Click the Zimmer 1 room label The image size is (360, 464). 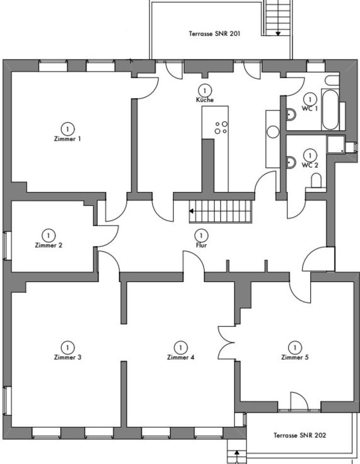(68, 139)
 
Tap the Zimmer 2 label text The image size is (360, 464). (48, 245)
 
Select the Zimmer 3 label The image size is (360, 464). (67, 358)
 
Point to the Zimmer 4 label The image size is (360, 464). (180, 358)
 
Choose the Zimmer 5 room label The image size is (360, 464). (294, 358)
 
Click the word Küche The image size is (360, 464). (205, 100)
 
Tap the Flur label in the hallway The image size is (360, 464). (202, 245)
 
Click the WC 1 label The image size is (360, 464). (310, 108)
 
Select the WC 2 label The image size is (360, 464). (310, 165)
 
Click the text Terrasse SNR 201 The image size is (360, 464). (215, 34)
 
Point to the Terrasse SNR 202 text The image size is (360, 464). (300, 435)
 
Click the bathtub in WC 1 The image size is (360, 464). (331, 109)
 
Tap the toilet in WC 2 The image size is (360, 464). (316, 181)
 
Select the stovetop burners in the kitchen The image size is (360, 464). (221, 128)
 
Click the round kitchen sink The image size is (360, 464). (274, 132)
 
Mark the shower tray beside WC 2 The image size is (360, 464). (337, 144)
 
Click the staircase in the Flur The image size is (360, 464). (221, 211)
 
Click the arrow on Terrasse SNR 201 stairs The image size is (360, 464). (278, 33)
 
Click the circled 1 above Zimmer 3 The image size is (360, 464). (67, 347)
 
